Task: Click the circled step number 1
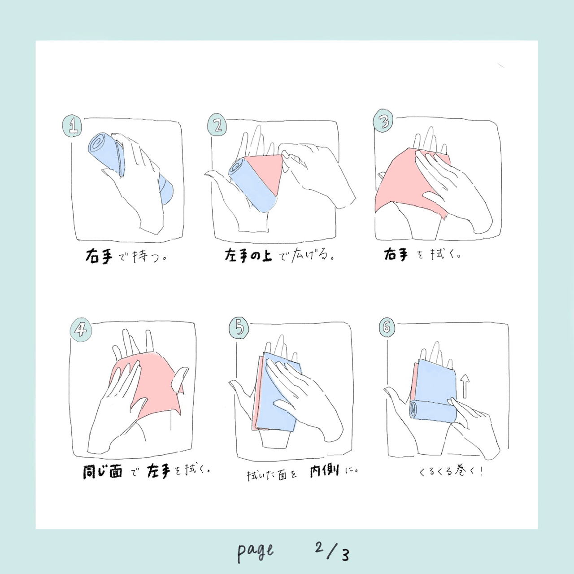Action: pyautogui.click(x=72, y=126)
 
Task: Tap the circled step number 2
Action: pyautogui.click(x=217, y=125)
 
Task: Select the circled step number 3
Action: pyautogui.click(x=383, y=121)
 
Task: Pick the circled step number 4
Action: pyautogui.click(x=81, y=330)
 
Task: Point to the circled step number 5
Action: pyautogui.click(x=239, y=328)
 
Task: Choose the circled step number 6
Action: pyautogui.click(x=387, y=327)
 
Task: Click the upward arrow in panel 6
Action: pyautogui.click(x=465, y=386)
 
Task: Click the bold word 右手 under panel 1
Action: pyautogui.click(x=99, y=256)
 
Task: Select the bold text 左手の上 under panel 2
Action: pyautogui.click(x=248, y=256)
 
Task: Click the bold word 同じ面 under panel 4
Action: pyautogui.click(x=103, y=472)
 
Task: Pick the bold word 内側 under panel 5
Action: pyautogui.click(x=324, y=471)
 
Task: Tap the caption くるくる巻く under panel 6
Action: pyautogui.click(x=450, y=471)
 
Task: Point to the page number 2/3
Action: pyautogui.click(x=332, y=551)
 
